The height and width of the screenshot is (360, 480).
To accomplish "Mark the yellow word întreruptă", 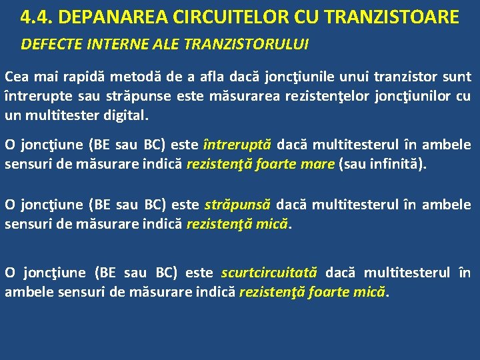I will click(x=237, y=145).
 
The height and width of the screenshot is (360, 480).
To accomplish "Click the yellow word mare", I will click(x=317, y=163).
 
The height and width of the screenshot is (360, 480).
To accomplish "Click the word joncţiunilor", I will click(x=410, y=95).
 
